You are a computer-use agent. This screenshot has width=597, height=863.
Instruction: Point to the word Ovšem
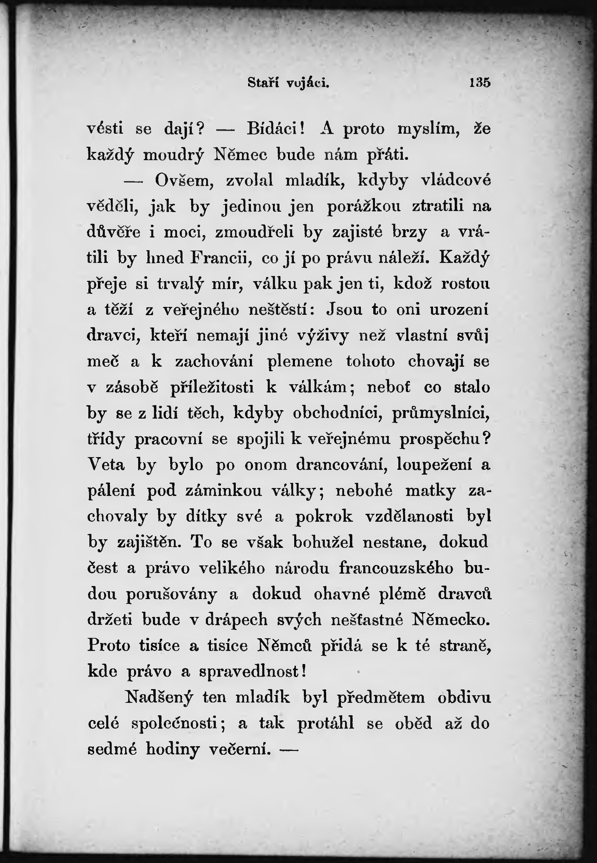click(x=184, y=181)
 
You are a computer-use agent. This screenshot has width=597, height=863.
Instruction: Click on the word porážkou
click(x=364, y=207)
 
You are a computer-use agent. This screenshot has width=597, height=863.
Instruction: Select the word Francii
click(x=221, y=258)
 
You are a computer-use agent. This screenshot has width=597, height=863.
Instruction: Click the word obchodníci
click(x=338, y=413)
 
